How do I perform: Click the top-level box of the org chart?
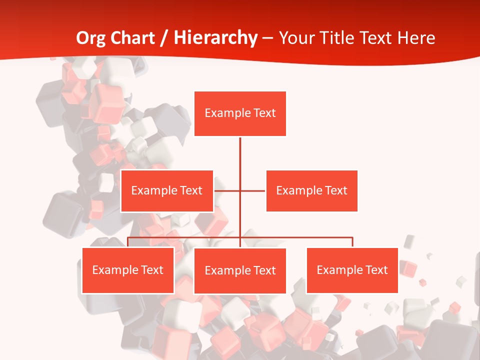point(240,113)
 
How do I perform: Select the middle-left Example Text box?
point(167,190)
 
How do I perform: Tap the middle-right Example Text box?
point(311,190)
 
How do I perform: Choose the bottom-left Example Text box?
point(128,270)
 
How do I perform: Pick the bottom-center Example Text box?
point(240,270)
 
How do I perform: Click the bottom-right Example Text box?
point(352,270)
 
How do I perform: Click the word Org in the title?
point(90,38)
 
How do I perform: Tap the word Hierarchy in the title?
point(215,38)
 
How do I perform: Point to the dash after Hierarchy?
point(268,38)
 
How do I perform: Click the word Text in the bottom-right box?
point(376,270)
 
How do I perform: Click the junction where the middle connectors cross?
point(240,190)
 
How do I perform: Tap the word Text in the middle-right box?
point(335,190)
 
